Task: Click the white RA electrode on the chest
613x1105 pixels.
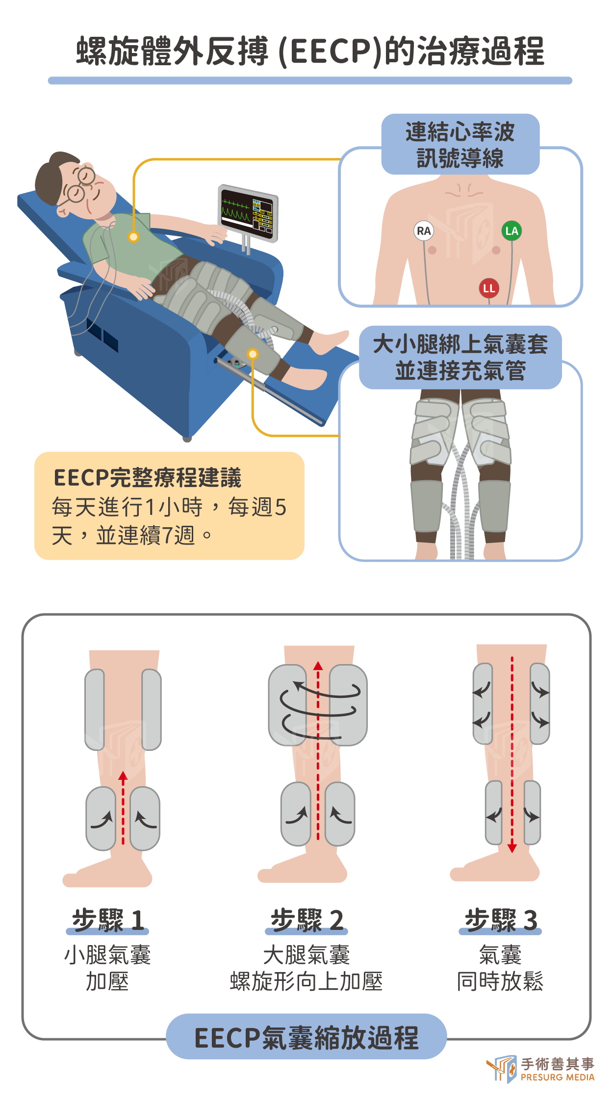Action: point(424,231)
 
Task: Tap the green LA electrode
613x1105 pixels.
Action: point(511,231)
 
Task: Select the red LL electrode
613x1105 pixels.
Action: point(489,288)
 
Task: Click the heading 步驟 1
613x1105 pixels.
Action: point(108,920)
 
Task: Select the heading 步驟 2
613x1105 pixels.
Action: point(307,920)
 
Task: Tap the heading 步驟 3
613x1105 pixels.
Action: point(501,920)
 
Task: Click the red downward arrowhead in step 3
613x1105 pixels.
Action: point(512,848)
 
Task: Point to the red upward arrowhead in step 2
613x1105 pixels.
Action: point(318,666)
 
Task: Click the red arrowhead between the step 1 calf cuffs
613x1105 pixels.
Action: point(123,775)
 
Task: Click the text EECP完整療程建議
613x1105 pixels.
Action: point(148,478)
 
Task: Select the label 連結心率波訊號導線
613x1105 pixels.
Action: point(460,145)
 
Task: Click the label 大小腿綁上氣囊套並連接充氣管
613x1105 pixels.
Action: point(460,357)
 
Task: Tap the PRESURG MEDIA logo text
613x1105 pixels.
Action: point(558,1077)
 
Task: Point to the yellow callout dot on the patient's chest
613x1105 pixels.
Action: point(133,237)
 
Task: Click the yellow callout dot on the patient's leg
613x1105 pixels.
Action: point(253,354)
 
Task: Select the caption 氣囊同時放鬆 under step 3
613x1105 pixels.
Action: point(500,968)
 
